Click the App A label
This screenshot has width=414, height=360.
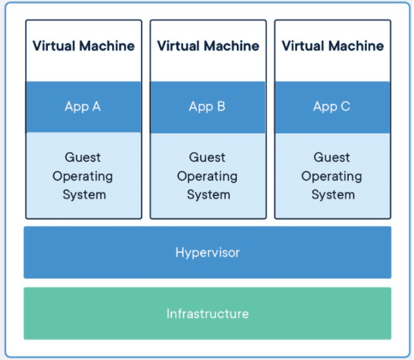click(x=83, y=107)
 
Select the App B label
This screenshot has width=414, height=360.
click(x=207, y=107)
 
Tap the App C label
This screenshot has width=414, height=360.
click(x=331, y=107)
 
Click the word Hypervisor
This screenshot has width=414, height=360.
click(x=207, y=253)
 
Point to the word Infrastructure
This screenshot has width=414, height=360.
click(x=207, y=314)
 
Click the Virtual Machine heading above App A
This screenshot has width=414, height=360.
click(x=83, y=46)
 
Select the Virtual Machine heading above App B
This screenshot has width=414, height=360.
click(x=208, y=46)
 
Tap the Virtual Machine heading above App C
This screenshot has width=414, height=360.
click(x=333, y=46)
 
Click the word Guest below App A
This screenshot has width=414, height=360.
click(x=83, y=157)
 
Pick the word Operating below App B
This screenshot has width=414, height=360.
click(x=207, y=176)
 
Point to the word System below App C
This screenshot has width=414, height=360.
click(x=333, y=195)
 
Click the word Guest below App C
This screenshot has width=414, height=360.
click(x=331, y=157)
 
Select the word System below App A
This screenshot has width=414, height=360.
click(x=84, y=195)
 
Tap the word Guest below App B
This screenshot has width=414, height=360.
click(x=207, y=157)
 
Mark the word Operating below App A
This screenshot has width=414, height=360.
click(x=83, y=176)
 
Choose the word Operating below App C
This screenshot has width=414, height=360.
click(x=331, y=176)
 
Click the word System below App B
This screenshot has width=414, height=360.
click(x=209, y=195)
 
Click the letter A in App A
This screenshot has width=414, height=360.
click(x=96, y=106)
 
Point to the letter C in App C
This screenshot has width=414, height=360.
click(x=346, y=106)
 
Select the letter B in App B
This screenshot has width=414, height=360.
click(x=221, y=106)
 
